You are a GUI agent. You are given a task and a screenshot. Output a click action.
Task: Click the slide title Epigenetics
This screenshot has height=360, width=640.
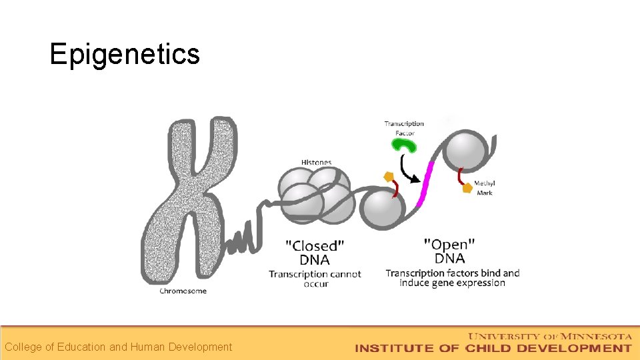[x=125, y=54]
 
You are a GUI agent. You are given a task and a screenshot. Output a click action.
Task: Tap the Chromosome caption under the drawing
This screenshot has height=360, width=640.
[x=183, y=291]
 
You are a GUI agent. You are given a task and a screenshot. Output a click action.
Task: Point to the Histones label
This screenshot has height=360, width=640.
[x=316, y=162]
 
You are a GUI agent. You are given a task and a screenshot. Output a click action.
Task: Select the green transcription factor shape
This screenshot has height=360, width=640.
[x=404, y=146]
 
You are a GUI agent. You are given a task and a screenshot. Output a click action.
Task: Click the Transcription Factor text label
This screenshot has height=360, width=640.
[x=404, y=128]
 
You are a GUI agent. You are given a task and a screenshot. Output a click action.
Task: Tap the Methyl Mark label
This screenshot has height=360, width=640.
[x=485, y=188]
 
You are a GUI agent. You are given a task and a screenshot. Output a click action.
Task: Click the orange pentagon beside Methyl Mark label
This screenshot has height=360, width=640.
[x=467, y=189]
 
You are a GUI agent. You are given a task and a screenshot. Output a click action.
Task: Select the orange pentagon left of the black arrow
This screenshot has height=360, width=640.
[x=387, y=177]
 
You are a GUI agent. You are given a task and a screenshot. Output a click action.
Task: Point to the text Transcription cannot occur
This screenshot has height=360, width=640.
[x=315, y=279]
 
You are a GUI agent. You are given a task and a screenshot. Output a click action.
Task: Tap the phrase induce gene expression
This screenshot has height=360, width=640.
[x=453, y=283]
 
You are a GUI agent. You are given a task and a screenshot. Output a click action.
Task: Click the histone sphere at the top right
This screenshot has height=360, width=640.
[x=467, y=153]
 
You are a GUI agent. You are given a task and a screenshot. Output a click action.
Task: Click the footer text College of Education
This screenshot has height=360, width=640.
[x=118, y=347]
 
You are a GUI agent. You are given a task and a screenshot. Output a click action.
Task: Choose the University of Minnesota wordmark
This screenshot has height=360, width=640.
[x=551, y=336]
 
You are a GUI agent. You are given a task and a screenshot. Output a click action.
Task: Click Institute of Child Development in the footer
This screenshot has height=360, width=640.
[x=493, y=348]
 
